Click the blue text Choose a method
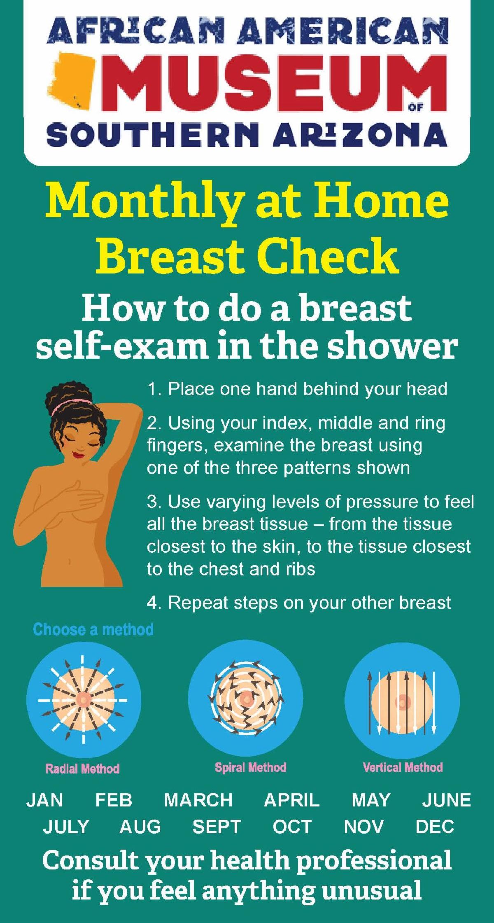(93, 629)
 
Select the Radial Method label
(83, 769)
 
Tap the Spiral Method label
(250, 767)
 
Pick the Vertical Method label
(403, 767)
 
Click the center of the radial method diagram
(84, 699)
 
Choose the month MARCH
(198, 800)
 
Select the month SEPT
(217, 827)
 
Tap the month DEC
(435, 827)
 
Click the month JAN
(45, 800)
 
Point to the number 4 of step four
(151, 603)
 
